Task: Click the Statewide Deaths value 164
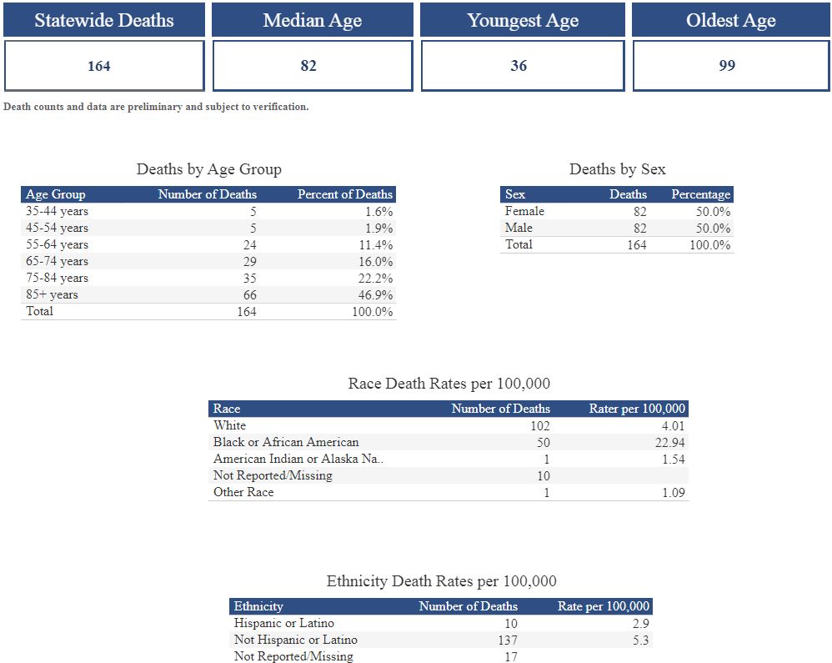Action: coord(99,66)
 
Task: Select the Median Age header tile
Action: coord(312,20)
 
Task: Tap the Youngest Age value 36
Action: coord(519,66)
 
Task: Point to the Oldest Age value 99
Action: coord(727,66)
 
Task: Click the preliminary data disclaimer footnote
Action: coord(156,107)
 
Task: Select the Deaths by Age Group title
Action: coord(208,169)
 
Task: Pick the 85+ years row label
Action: coord(52,294)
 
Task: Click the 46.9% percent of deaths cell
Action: coord(377,294)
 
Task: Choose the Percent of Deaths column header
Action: coord(344,194)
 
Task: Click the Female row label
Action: coord(524,211)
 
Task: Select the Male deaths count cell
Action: coord(639,228)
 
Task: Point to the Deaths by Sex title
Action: coord(617,169)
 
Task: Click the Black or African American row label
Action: coord(286,442)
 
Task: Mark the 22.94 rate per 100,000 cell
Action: coord(670,442)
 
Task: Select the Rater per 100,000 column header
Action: coord(637,409)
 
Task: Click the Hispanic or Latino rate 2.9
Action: coord(640,623)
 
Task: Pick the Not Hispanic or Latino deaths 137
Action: coord(504,640)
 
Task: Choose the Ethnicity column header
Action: coord(258,606)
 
